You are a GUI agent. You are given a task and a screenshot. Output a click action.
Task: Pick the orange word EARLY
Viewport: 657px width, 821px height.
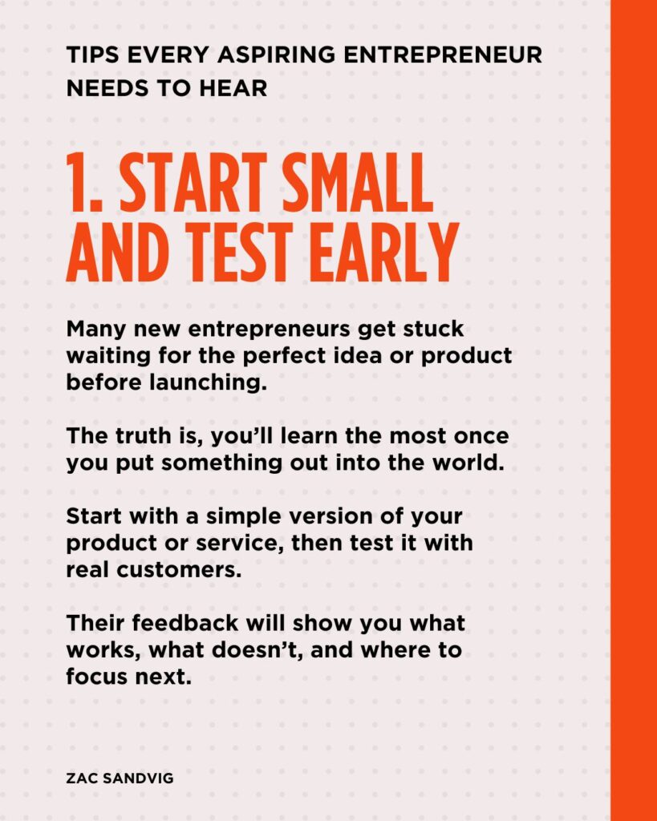point(384,253)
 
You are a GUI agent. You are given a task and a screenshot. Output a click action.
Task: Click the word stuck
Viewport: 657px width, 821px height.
point(433,330)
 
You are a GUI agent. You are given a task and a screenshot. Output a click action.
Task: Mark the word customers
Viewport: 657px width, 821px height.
point(179,570)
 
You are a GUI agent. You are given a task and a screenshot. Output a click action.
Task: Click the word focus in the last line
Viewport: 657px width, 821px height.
point(97,677)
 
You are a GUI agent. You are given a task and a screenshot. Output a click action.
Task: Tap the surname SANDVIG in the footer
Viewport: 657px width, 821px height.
point(138,779)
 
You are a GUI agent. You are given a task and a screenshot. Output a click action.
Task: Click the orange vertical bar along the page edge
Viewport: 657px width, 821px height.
point(634,410)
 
